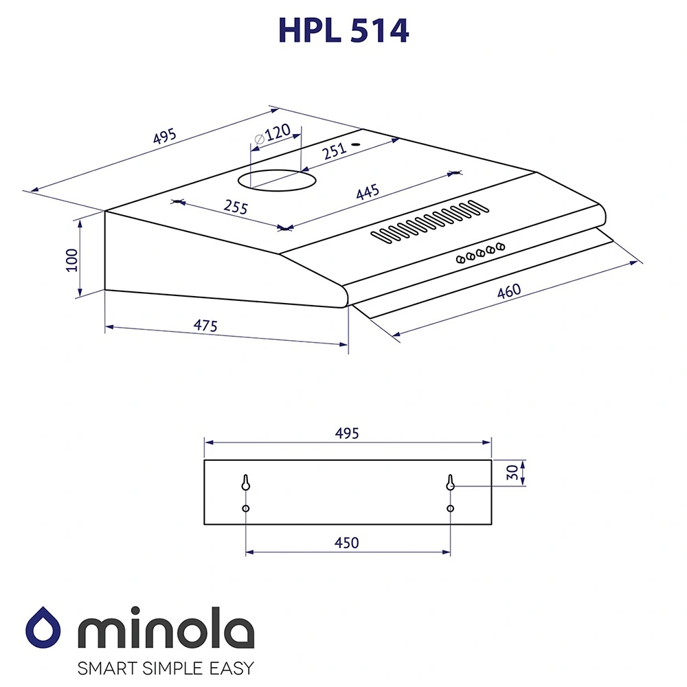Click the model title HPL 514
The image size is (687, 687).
click(343, 30)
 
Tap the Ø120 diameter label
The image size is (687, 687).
click(272, 134)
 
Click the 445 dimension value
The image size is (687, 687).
click(368, 193)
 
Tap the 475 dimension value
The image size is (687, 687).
click(204, 325)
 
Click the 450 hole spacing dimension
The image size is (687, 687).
click(347, 543)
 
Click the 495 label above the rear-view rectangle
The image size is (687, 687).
click(347, 433)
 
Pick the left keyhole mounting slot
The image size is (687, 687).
click(245, 483)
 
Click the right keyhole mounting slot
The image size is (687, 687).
click(450, 483)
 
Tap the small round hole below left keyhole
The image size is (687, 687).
click(245, 508)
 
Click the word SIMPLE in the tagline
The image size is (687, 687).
click(165, 668)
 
